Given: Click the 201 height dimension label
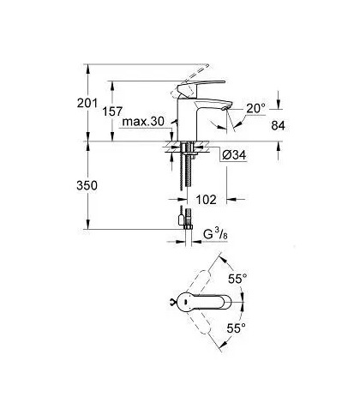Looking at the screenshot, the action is click(x=87, y=103).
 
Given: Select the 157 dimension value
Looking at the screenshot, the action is click(x=112, y=111).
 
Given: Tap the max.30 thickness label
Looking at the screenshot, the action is click(x=143, y=122).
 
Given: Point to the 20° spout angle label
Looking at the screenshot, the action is click(x=255, y=109).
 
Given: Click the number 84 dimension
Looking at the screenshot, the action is click(x=278, y=126).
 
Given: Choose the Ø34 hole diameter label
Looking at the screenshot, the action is click(x=234, y=155).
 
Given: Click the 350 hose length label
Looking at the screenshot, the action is click(x=87, y=186).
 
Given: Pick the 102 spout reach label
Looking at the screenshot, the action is click(x=207, y=200).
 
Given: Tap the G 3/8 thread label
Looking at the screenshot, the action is click(x=215, y=235).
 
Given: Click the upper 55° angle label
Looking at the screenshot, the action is click(x=237, y=279).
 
